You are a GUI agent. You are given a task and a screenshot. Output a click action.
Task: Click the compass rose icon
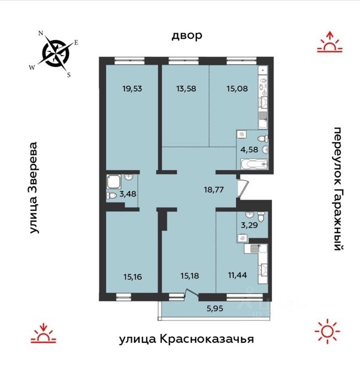[x=56, y=53]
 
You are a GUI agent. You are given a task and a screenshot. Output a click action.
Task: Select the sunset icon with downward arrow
[x=44, y=333]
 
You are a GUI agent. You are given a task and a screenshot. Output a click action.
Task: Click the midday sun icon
[x=327, y=331]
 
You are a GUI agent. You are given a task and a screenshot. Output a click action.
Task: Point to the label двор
[x=187, y=36]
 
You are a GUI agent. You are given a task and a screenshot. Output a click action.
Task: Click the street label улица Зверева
[x=34, y=187]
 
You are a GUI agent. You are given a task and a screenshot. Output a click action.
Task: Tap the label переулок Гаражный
[x=338, y=189]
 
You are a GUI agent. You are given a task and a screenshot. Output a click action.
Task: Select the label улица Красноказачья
[x=186, y=339]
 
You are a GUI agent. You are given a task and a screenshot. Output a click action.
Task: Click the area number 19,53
[x=132, y=89]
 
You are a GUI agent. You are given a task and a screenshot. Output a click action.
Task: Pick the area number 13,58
[x=186, y=89]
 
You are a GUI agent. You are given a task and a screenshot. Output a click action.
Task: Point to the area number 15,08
[x=237, y=89]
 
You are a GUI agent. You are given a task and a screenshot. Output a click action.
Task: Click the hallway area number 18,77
[x=214, y=190]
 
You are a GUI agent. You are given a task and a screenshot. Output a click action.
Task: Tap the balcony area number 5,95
[x=215, y=308]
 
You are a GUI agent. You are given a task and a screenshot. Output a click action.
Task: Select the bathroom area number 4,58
[x=249, y=149]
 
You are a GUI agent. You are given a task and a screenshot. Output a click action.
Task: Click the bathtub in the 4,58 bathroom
[x=254, y=165]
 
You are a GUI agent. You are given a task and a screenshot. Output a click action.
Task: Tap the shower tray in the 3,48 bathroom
[x=114, y=181]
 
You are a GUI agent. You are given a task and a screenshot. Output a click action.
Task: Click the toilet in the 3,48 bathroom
[x=111, y=196]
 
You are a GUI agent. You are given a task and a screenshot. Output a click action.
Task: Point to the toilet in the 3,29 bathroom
[x=261, y=217]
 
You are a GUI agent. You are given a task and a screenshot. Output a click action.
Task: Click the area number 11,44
[x=238, y=275]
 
